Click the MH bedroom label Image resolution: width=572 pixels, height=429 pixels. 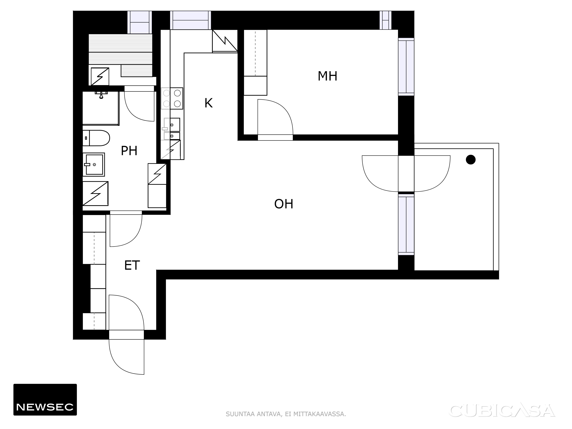(x=327, y=76)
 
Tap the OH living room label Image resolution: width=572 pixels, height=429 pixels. (x=284, y=204)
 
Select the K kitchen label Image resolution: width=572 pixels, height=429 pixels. (x=208, y=103)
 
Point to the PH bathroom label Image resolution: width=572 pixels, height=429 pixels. (x=129, y=151)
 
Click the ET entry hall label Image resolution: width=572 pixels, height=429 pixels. (x=132, y=265)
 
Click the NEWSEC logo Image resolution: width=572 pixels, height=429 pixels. (x=45, y=400)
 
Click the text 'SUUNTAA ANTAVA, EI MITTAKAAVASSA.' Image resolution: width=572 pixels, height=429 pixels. (x=286, y=414)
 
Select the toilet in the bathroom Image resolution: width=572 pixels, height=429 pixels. (x=96, y=138)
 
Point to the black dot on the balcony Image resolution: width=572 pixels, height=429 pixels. (x=471, y=160)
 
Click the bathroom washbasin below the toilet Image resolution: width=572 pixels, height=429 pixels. (x=94, y=164)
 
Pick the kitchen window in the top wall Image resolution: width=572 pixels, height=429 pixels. (x=191, y=20)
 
